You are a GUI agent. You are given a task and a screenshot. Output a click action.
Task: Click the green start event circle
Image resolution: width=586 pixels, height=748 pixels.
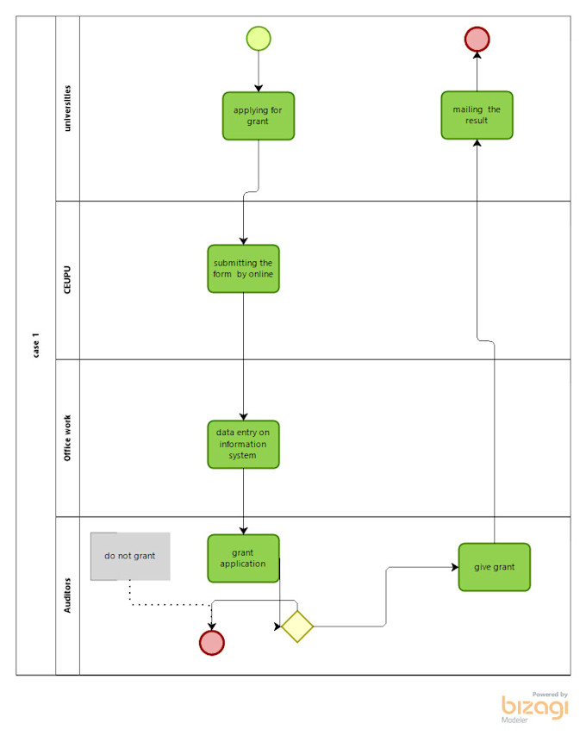259,38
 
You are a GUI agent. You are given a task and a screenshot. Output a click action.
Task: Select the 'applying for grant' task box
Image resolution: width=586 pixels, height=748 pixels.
258,115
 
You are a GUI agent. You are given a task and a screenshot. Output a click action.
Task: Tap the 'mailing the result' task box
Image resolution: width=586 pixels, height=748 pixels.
477,115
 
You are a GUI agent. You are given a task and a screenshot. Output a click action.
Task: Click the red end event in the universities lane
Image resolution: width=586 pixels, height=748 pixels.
477,39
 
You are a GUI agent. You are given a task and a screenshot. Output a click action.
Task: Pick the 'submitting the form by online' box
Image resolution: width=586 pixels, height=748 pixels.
243,268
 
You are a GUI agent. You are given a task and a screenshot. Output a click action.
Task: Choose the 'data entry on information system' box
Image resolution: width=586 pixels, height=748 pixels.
243,444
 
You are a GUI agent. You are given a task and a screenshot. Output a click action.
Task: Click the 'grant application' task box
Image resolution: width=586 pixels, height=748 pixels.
243,558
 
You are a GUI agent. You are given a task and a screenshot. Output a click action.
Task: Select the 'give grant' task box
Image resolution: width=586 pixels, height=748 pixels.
494,567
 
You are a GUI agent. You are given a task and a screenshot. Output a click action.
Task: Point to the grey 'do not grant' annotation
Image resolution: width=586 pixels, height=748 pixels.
130,556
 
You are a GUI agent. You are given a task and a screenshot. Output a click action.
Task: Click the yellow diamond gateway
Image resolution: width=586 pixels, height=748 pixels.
297,626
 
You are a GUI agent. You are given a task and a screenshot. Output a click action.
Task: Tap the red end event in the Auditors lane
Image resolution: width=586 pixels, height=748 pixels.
211,642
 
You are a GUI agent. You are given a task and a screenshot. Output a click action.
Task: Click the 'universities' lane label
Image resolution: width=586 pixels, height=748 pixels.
67,108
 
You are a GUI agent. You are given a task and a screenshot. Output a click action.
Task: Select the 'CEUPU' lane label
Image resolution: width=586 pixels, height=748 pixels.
67,280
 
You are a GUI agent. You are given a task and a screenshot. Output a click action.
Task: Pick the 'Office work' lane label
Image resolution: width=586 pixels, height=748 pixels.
67,438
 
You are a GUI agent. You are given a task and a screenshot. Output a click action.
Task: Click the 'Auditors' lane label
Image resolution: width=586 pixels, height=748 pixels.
67,595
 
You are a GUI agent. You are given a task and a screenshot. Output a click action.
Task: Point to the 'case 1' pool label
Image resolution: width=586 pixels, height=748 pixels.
35,345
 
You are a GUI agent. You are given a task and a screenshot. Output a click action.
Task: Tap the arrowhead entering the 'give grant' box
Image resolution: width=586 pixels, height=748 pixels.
453,567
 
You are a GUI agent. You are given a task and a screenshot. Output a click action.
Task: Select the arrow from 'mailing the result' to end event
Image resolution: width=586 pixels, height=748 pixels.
477,71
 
